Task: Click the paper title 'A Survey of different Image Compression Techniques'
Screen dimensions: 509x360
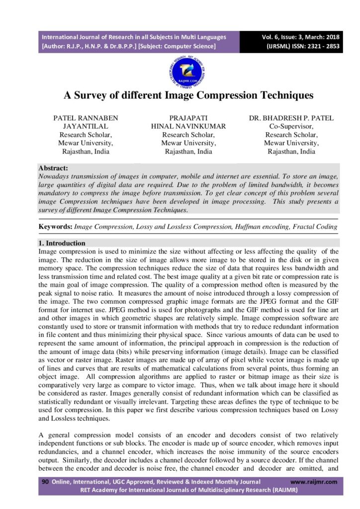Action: pos(181,95)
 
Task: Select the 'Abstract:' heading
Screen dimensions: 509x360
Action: pos(53,168)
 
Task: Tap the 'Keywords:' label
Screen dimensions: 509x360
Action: pos(55,227)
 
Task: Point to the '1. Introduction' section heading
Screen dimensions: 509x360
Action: pos(62,243)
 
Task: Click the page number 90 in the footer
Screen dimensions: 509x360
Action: pos(45,482)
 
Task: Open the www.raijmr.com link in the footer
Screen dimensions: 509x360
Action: pos(314,482)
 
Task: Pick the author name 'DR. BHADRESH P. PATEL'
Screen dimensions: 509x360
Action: pos(291,118)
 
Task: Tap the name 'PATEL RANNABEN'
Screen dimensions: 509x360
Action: pos(86,118)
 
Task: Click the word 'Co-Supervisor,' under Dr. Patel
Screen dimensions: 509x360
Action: pos(291,126)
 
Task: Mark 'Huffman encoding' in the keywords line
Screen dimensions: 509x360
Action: pos(255,227)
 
